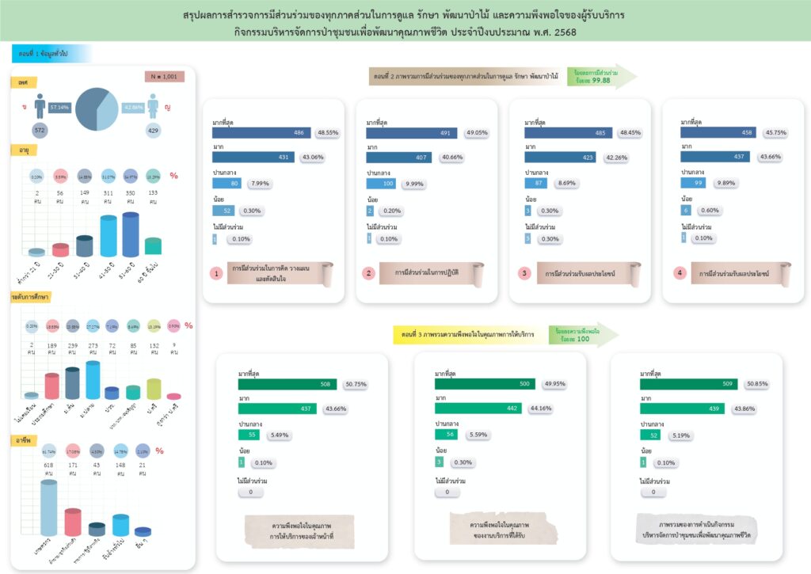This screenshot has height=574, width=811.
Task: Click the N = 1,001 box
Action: (x=165, y=77)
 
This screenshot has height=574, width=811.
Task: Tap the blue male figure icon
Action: (x=40, y=106)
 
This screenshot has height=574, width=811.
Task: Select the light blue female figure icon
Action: (x=153, y=106)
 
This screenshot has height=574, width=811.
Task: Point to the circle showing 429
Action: (x=153, y=130)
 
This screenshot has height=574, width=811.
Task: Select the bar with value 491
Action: (x=420, y=133)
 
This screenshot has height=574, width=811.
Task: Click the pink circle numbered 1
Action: (x=215, y=273)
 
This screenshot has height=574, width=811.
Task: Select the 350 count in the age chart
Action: (x=131, y=192)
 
